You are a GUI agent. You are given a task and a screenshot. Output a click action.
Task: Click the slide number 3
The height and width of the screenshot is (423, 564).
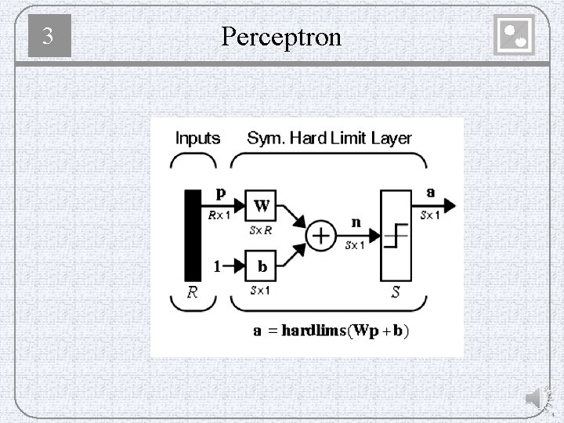(x=49, y=36)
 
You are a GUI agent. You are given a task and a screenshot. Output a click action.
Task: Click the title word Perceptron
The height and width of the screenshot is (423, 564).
(x=281, y=35)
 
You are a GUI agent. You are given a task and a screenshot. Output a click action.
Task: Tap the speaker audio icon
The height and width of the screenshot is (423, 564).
(x=533, y=399)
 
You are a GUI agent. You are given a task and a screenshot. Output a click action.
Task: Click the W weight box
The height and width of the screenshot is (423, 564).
(x=262, y=207)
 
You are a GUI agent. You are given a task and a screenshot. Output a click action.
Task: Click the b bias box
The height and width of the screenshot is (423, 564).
(x=262, y=266)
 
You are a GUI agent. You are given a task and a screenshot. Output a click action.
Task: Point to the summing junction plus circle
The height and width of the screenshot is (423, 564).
(x=320, y=235)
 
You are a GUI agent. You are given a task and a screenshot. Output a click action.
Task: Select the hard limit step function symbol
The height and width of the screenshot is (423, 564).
(x=397, y=235)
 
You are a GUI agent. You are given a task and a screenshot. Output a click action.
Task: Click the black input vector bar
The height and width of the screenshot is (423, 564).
(x=193, y=234)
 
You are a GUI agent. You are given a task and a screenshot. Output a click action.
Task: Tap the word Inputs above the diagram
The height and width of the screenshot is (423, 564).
(x=197, y=139)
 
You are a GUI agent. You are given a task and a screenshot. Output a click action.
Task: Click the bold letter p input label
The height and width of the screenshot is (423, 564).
(x=221, y=191)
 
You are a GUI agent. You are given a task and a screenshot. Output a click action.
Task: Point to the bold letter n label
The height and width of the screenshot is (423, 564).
(x=356, y=222)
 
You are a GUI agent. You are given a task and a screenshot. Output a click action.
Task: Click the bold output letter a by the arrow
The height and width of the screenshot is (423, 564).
(x=431, y=191)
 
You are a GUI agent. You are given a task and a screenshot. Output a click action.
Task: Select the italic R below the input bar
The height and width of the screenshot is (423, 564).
(x=192, y=293)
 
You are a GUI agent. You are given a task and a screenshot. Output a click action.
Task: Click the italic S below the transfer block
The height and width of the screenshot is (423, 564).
(x=396, y=293)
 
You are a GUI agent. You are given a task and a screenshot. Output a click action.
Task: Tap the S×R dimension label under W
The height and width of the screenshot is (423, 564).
(x=261, y=230)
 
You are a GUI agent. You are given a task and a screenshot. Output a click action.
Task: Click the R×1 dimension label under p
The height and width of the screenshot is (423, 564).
(x=219, y=215)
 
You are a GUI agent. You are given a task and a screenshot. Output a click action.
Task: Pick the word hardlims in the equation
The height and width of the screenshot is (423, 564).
(x=313, y=331)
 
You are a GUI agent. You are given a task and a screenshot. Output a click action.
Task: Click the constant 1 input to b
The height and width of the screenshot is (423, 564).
(x=217, y=266)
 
